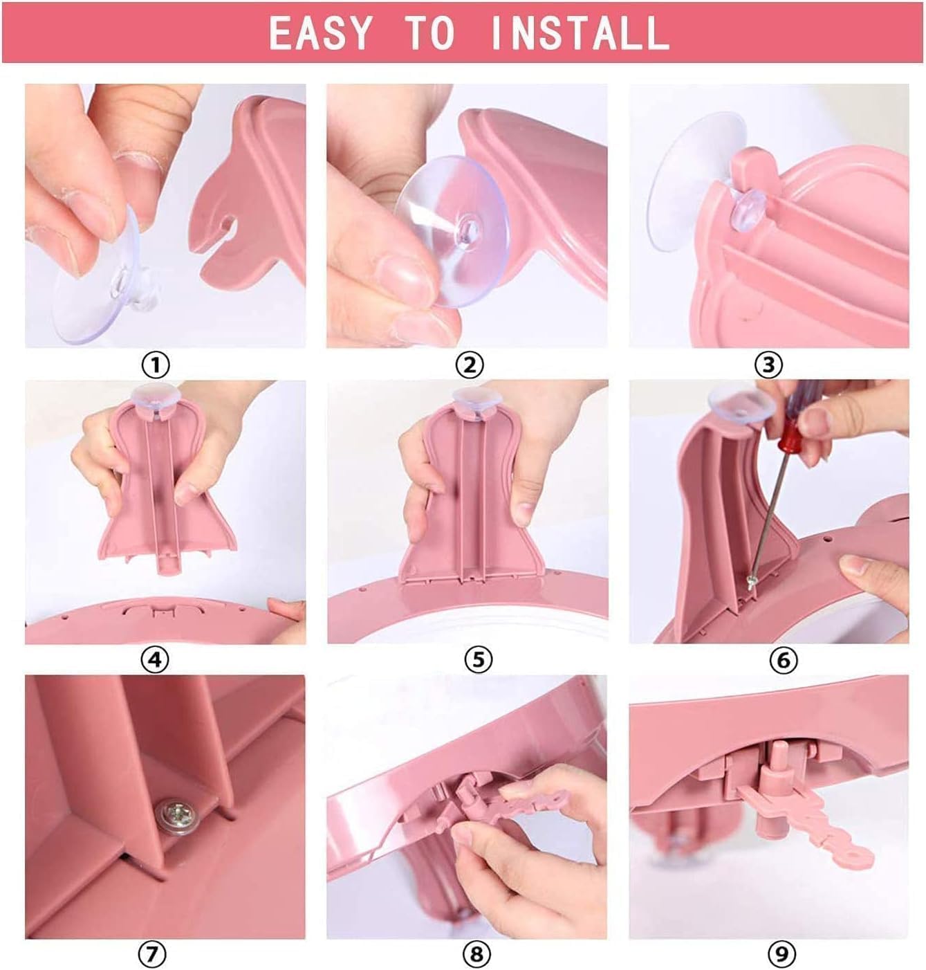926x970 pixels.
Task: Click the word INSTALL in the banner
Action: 580,33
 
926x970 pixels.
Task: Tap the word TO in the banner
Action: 429,33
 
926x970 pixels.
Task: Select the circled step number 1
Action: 156,364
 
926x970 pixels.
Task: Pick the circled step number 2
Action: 470,364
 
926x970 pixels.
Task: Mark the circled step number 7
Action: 153,955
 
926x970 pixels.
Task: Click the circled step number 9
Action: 782,955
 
